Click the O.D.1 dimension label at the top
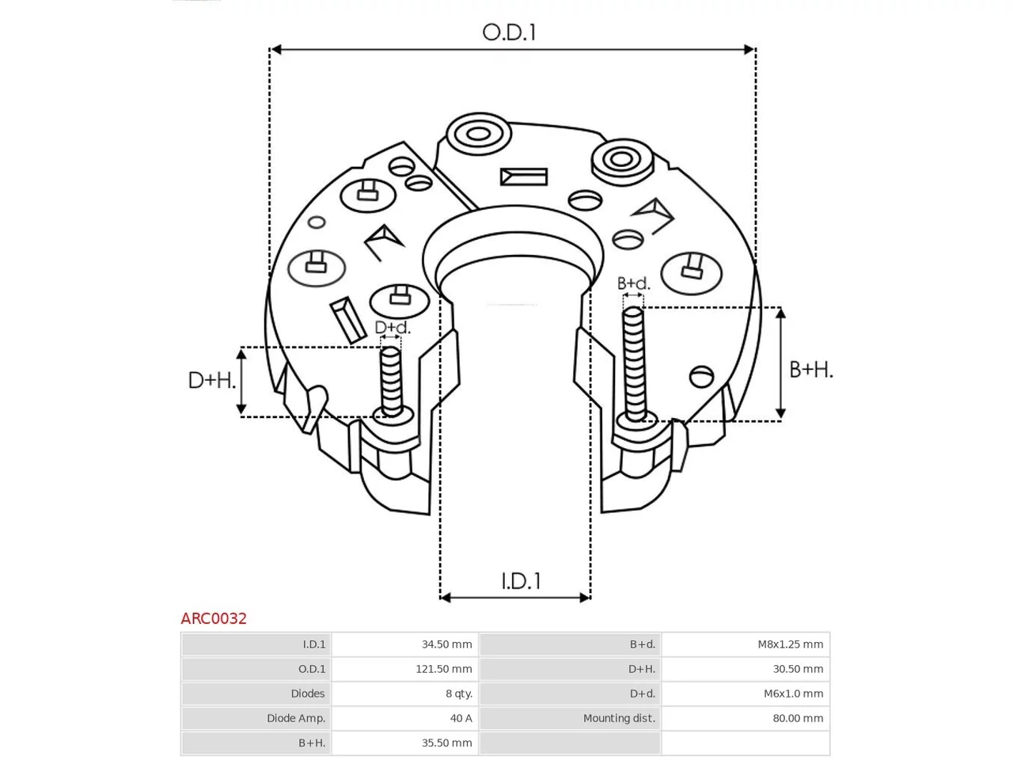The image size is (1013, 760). [x=509, y=32]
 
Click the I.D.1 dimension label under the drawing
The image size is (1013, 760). [x=521, y=581]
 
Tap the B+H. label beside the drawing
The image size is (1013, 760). [x=811, y=370]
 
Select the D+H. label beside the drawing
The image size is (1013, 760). [x=212, y=380]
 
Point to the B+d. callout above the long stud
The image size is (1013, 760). [x=634, y=283]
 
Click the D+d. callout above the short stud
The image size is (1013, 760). [x=393, y=328]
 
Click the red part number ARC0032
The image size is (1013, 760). [x=214, y=618]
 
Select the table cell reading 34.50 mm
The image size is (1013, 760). [x=446, y=644]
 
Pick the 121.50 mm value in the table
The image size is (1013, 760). [x=443, y=669]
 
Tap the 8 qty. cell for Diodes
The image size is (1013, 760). [x=459, y=693]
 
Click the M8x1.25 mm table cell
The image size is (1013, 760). [x=790, y=644]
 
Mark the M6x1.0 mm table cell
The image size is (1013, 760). [x=793, y=693]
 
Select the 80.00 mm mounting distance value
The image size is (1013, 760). [x=798, y=718]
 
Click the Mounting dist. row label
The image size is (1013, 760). [x=619, y=718]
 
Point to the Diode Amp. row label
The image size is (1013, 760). [x=296, y=719]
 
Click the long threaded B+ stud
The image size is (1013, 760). [x=633, y=364]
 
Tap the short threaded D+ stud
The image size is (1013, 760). [x=392, y=381]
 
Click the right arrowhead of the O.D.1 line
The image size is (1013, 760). [x=749, y=49]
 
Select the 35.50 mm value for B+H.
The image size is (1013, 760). [x=446, y=743]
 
